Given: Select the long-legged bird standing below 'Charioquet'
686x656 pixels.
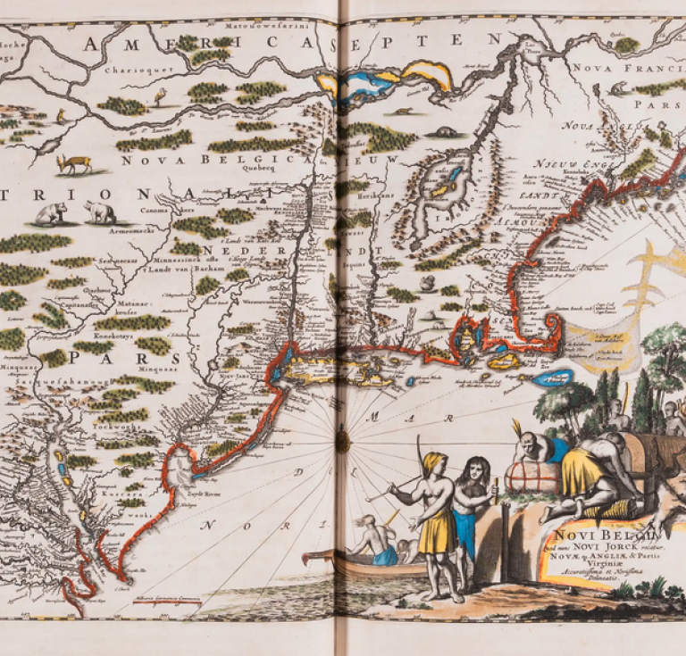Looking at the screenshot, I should point(161,95).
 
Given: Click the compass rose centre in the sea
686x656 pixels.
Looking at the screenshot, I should point(342,440).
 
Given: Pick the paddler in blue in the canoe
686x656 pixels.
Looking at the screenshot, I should point(382,544).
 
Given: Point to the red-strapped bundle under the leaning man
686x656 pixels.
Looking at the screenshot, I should point(533,477).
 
